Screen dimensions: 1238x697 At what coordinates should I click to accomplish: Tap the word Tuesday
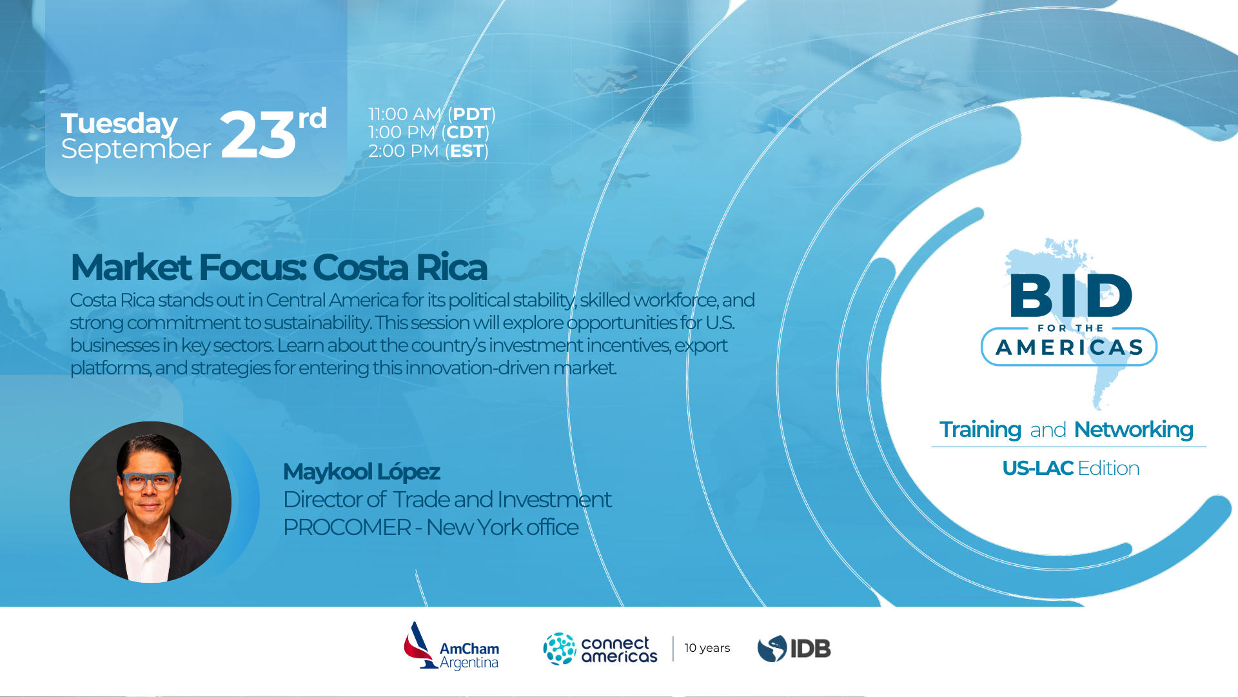coord(119,124)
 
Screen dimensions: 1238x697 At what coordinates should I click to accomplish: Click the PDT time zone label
coord(471,114)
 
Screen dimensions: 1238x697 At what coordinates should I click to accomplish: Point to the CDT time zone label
coord(465,132)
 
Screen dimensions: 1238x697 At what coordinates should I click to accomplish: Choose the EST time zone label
coord(467,151)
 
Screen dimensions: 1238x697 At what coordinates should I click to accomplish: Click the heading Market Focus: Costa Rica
coord(279,267)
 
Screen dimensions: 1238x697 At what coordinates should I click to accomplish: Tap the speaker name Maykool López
coord(361,472)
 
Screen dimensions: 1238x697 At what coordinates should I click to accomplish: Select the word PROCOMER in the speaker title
coord(347,527)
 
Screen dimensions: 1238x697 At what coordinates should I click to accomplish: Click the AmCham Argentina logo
coord(451,646)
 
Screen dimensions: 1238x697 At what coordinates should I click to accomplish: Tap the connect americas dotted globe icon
coord(559,649)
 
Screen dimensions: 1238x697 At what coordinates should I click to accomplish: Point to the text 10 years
coord(707,648)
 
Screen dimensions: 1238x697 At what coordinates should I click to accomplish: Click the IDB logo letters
coord(811,649)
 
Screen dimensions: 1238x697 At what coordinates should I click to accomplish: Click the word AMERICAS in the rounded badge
coord(1069,348)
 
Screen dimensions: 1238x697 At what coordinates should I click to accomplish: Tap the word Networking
coord(1134,430)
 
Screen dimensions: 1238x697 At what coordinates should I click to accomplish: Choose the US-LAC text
coord(1037,469)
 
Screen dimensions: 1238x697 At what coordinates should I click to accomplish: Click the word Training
coord(980,430)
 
